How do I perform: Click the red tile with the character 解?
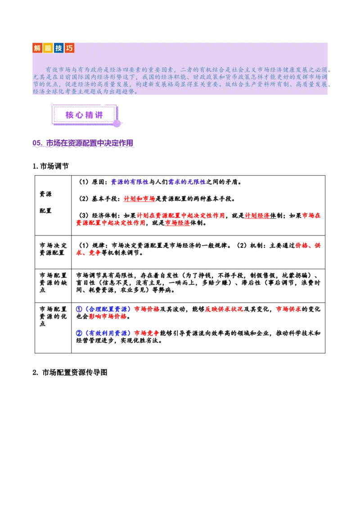point(37,48)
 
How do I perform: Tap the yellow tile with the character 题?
point(48,48)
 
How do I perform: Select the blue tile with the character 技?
point(59,48)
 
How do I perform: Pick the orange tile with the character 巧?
point(70,48)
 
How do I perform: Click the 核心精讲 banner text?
point(84,115)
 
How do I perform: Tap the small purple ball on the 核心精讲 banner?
point(117,123)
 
